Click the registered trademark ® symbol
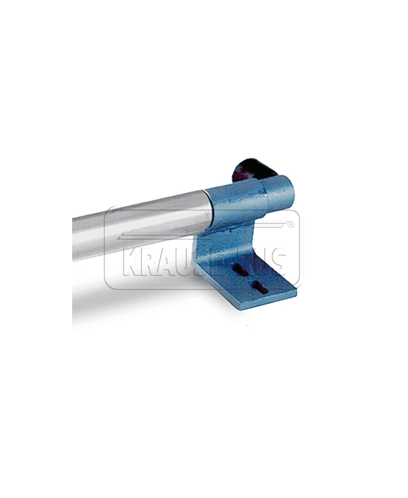coord(290,225)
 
